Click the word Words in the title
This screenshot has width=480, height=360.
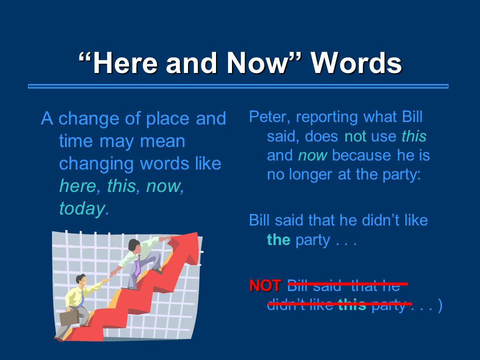pos(356,63)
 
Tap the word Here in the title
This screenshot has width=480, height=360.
pos(125,63)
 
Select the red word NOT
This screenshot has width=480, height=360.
pos(265,285)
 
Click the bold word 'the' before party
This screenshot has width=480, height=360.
pos(278,239)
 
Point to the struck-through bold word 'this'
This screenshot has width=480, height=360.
pos(352,304)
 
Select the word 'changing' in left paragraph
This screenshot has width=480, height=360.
pos(96,164)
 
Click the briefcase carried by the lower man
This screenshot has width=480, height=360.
pos(69,318)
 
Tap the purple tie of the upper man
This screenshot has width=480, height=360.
pos(138,265)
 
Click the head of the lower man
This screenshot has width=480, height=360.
pos(81,279)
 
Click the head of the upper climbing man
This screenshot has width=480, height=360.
pos(134,245)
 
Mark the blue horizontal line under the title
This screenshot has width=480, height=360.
pos(238,86)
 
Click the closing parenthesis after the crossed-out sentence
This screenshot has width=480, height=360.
pos(440,305)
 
